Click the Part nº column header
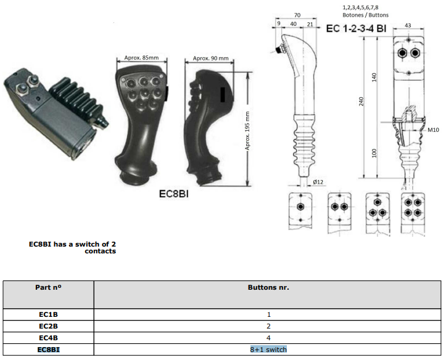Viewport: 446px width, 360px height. [48, 287]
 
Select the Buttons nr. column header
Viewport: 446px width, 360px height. [268, 287]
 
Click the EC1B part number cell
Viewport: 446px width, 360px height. [48, 314]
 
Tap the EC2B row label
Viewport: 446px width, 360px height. [48, 326]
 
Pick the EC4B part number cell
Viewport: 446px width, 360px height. [48, 338]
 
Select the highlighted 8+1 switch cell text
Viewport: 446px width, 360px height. [268, 350]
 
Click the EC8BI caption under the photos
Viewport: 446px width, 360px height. [174, 194]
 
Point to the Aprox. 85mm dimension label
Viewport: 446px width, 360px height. [141, 58]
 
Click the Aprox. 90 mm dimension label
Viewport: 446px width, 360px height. [211, 58]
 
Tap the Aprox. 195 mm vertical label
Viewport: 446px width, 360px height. [247, 131]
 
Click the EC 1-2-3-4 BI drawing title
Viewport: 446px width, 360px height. [356, 29]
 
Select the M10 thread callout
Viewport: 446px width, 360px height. [433, 130]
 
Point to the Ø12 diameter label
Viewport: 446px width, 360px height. [318, 182]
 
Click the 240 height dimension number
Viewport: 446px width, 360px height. [361, 102]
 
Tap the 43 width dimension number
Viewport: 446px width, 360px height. [408, 25]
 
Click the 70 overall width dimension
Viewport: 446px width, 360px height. [297, 15]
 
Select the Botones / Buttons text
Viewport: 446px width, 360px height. [366, 15]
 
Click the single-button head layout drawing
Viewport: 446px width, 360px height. [300, 211]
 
